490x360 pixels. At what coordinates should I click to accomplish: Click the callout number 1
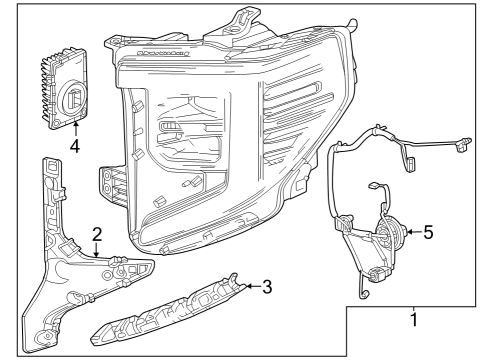(x=413, y=322)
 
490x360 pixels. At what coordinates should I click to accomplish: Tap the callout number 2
(x=96, y=235)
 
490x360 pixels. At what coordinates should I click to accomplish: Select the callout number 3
(x=268, y=288)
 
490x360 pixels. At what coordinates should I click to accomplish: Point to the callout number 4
(x=75, y=146)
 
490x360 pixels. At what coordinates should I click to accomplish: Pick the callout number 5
(x=427, y=232)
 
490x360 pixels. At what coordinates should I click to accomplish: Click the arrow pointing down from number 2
(x=96, y=251)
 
